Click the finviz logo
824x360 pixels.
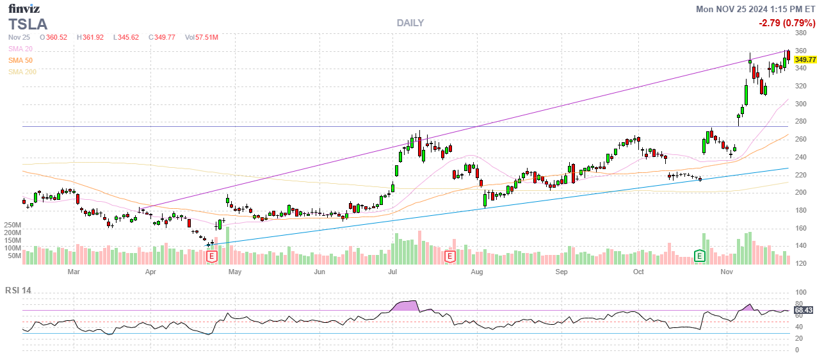[24, 8]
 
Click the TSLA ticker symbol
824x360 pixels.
[28, 24]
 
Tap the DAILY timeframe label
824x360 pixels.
[410, 23]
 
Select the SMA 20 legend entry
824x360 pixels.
[21, 49]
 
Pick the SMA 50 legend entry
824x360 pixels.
[21, 60]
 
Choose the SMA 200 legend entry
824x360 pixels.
[22, 72]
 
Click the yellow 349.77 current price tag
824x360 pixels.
[805, 60]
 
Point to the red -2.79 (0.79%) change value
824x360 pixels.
[787, 23]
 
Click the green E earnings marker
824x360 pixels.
[700, 256]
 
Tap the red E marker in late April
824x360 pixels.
[212, 256]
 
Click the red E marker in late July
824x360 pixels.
[450, 256]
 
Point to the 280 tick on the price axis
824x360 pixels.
[800, 122]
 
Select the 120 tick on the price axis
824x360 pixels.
[800, 263]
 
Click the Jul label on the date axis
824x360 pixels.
[391, 272]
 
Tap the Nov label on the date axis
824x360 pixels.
[726, 272]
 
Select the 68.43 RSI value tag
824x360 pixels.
[804, 311]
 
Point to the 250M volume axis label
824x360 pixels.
[13, 225]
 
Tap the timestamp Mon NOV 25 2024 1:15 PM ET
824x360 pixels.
[756, 9]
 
